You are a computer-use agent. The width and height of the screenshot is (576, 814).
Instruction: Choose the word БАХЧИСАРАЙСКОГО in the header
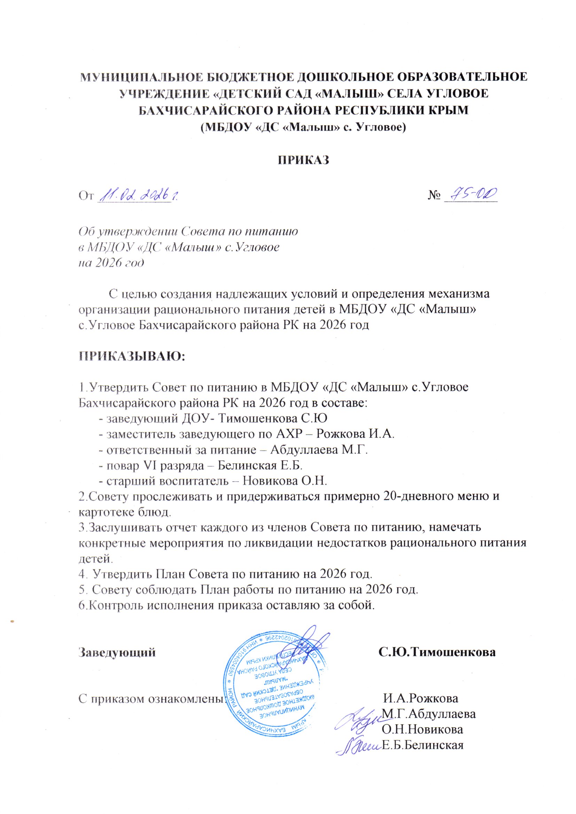(x=200, y=110)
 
